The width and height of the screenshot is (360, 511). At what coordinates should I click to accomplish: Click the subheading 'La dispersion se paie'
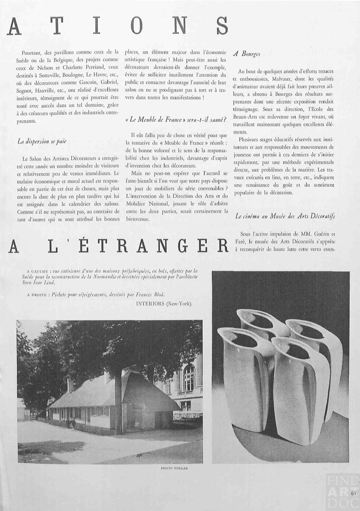point(42,141)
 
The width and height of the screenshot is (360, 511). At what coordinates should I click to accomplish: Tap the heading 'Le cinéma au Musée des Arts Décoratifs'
point(285,216)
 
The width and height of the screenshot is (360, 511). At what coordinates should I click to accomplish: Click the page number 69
point(354,493)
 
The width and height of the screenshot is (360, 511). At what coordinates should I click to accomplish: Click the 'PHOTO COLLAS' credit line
point(174,468)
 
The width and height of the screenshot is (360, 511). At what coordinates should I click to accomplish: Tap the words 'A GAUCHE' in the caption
point(38,271)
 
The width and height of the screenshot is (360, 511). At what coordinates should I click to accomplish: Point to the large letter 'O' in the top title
point(135,27)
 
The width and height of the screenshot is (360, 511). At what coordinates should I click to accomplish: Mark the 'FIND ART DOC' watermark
point(342,492)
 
